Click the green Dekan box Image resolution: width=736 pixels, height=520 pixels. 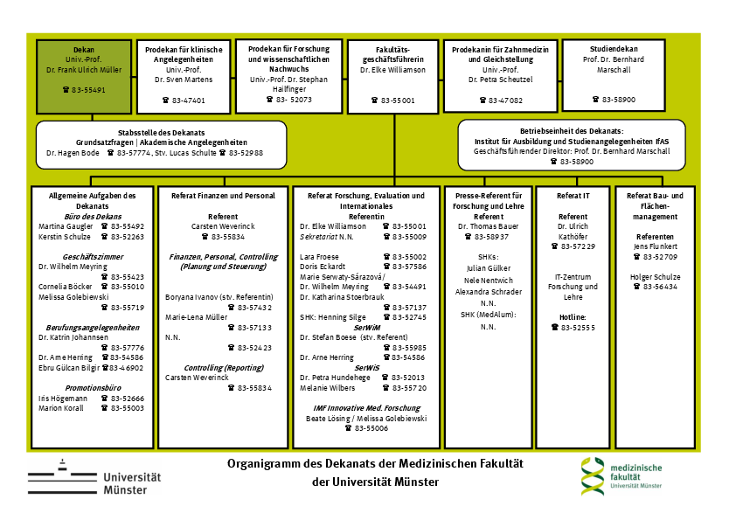click(84, 74)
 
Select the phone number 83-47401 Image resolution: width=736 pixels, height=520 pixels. click(189, 101)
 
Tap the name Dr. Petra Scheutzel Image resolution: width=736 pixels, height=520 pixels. click(501, 80)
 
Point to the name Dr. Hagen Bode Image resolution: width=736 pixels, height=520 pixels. click(73, 153)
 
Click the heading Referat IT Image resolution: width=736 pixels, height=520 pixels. click(573, 196)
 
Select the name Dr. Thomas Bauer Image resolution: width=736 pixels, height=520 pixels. click(489, 225)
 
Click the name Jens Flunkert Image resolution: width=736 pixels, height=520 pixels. click(655, 247)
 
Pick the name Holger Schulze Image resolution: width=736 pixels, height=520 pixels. click(655, 276)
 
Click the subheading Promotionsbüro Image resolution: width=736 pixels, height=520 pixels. click(93, 387)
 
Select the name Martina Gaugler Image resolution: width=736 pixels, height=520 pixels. click(63, 226)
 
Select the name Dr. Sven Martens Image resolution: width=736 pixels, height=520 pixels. click(184, 80)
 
